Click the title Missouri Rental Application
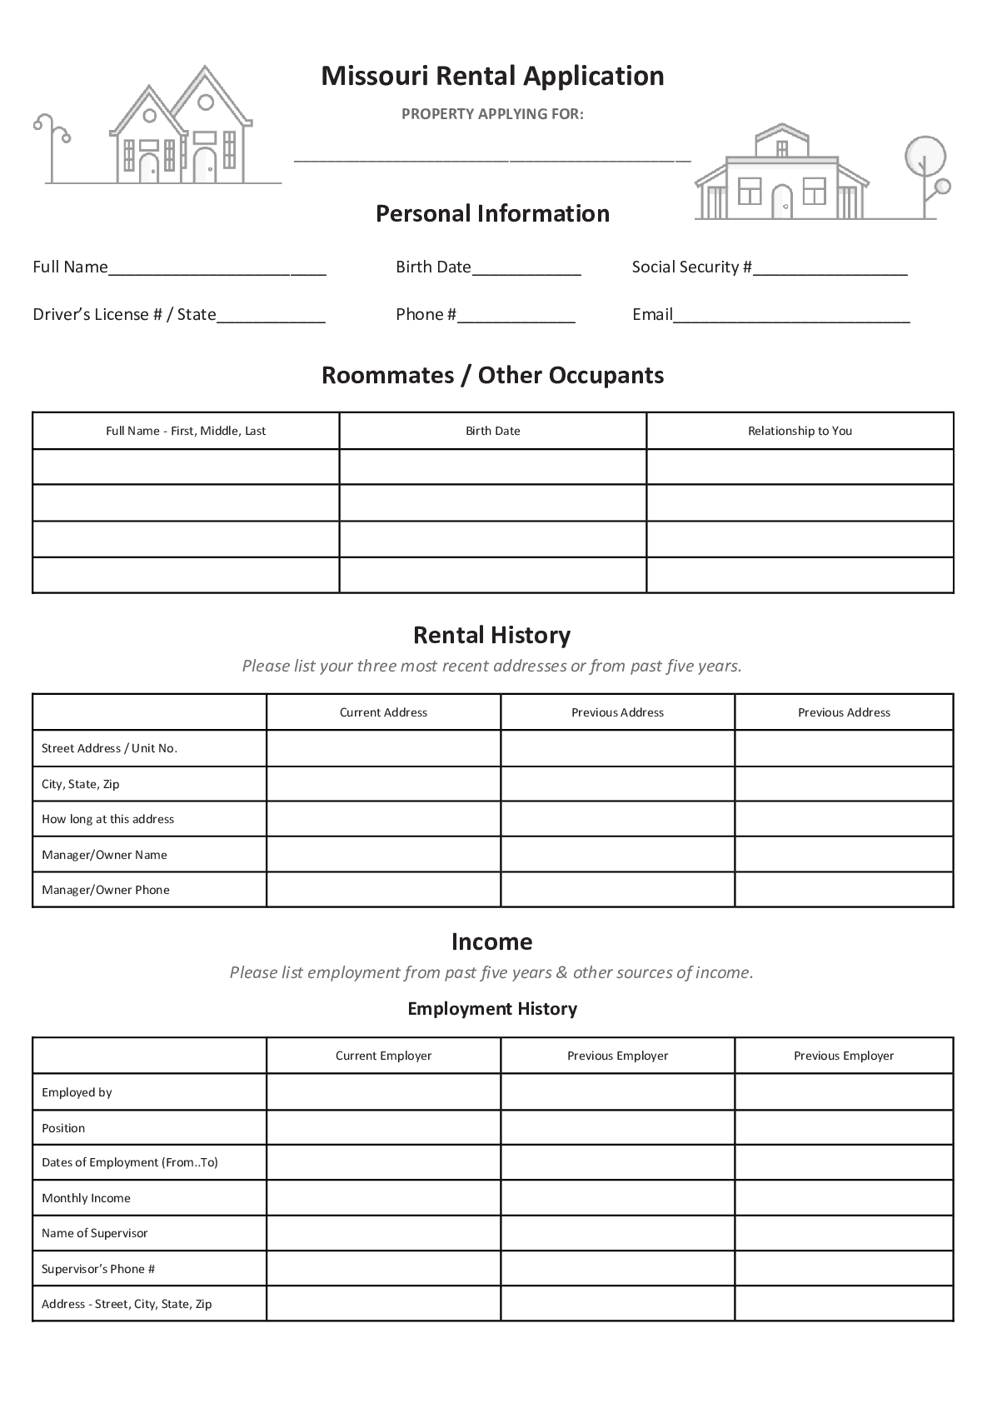pyautogui.click(x=492, y=76)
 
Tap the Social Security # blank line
pyautogui.click(x=830, y=268)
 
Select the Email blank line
pyautogui.click(x=791, y=316)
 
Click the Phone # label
pyautogui.click(x=426, y=314)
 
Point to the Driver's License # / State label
pyautogui.click(x=124, y=314)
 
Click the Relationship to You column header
pyautogui.click(x=800, y=431)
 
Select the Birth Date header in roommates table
pyautogui.click(x=492, y=431)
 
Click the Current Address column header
pyautogui.click(x=383, y=712)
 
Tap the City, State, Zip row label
pyautogui.click(x=81, y=784)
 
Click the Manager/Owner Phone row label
pyautogui.click(x=106, y=890)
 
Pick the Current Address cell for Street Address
pyautogui.click(x=383, y=748)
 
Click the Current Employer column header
pyautogui.click(x=383, y=1056)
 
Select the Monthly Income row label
pyautogui.click(x=87, y=1198)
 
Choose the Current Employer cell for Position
pyautogui.click(x=383, y=1127)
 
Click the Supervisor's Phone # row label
pyautogui.click(x=98, y=1269)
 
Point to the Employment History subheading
pyautogui.click(x=492, y=1009)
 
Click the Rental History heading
pyautogui.click(x=492, y=636)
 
